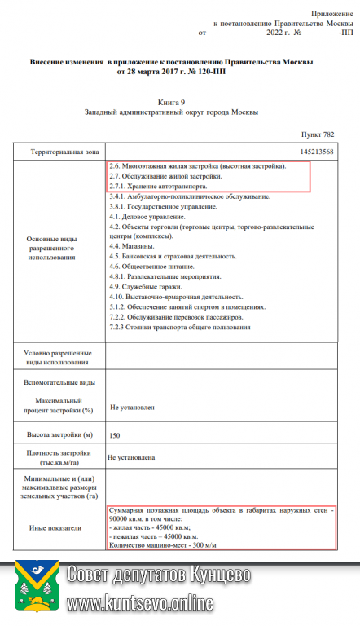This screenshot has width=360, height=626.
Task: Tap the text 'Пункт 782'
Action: point(318,133)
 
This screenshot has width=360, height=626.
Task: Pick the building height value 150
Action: point(115,434)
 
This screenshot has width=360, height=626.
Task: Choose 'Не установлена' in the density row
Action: point(131,458)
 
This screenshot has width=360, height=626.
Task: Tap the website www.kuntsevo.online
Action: point(140,604)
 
